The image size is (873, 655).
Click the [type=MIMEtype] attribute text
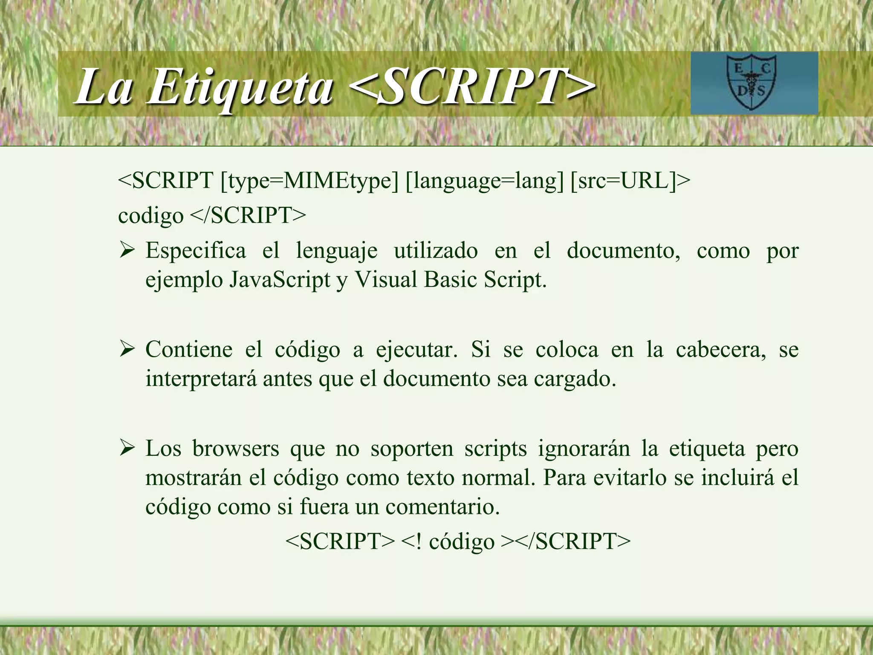[x=309, y=180]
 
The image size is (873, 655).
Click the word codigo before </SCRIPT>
[x=150, y=215]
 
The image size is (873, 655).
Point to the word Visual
[x=386, y=280]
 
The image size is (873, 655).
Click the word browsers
[x=235, y=448]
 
